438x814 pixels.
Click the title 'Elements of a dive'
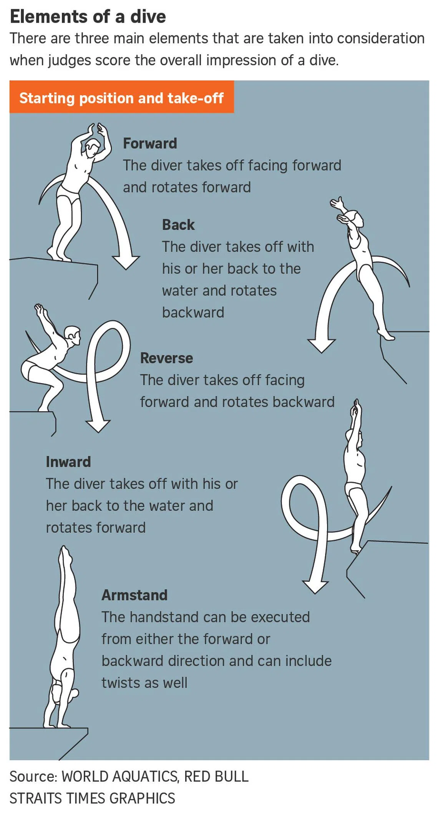88,17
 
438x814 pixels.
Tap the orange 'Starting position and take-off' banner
121,97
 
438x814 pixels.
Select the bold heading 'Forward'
150,143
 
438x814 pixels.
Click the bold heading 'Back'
178,224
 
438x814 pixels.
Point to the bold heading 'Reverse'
166,358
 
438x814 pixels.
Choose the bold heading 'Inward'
68,462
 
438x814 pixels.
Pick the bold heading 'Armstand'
134,595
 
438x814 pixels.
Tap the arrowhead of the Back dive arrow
322,346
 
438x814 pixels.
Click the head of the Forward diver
92,148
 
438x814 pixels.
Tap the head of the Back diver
356,219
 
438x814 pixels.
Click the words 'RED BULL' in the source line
216,776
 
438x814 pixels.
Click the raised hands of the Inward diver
356,408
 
